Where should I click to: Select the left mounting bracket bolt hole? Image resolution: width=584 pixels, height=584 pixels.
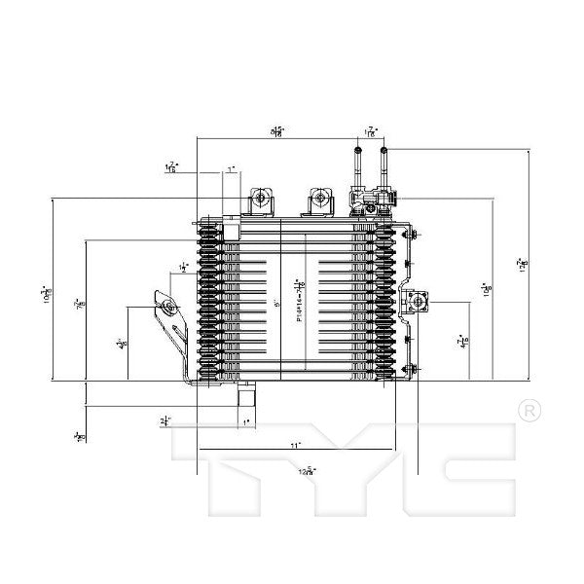(169, 310)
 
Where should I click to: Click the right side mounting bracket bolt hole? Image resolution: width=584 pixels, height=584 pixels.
(420, 301)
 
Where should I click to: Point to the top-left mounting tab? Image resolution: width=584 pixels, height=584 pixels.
(261, 201)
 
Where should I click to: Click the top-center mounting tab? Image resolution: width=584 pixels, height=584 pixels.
(317, 201)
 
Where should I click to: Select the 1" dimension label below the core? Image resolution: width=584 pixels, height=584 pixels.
(245, 420)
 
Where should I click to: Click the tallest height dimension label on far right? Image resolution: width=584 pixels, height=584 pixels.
(523, 263)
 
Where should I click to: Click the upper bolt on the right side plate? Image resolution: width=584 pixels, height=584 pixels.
(413, 237)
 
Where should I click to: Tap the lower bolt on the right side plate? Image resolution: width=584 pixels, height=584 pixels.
(413, 367)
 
